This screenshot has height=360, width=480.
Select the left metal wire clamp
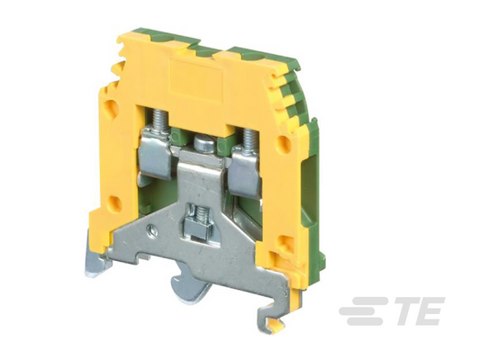click(155, 155)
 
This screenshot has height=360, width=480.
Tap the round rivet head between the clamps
click(204, 144)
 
